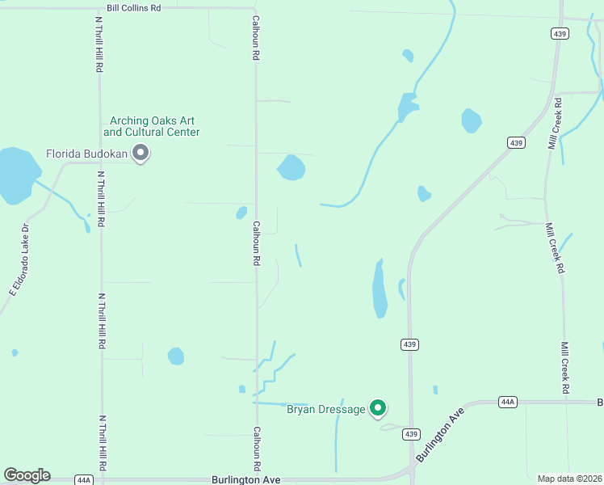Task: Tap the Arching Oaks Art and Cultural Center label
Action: (x=152, y=126)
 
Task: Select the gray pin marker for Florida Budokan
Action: (x=141, y=152)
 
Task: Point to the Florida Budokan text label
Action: (x=87, y=153)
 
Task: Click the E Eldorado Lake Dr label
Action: (x=19, y=259)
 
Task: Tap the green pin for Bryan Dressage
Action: (x=378, y=408)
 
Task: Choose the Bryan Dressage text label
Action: (x=326, y=410)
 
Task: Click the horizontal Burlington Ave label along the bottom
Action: (x=245, y=479)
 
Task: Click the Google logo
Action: (x=27, y=475)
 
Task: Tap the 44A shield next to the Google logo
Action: (x=84, y=479)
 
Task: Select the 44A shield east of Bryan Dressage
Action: (x=507, y=401)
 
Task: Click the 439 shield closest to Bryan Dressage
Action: (x=410, y=433)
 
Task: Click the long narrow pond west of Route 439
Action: (x=379, y=289)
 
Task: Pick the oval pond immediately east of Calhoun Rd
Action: (x=292, y=168)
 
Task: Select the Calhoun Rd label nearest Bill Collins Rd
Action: (x=255, y=40)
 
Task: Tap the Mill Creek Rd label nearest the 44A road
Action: (x=565, y=368)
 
